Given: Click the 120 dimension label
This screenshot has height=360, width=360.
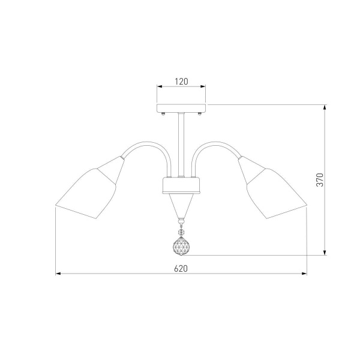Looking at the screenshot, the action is [181, 82].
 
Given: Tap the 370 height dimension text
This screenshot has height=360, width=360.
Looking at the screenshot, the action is [320, 180].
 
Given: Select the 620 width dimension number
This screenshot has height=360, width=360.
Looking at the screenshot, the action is [181, 268].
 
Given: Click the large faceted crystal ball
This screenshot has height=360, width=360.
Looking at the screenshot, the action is [181, 246].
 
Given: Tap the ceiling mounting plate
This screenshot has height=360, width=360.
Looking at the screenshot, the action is [181, 108].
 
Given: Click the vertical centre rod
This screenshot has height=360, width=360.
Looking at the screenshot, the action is [181, 145].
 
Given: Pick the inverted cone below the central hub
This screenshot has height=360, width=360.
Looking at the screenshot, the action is [181, 205].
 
